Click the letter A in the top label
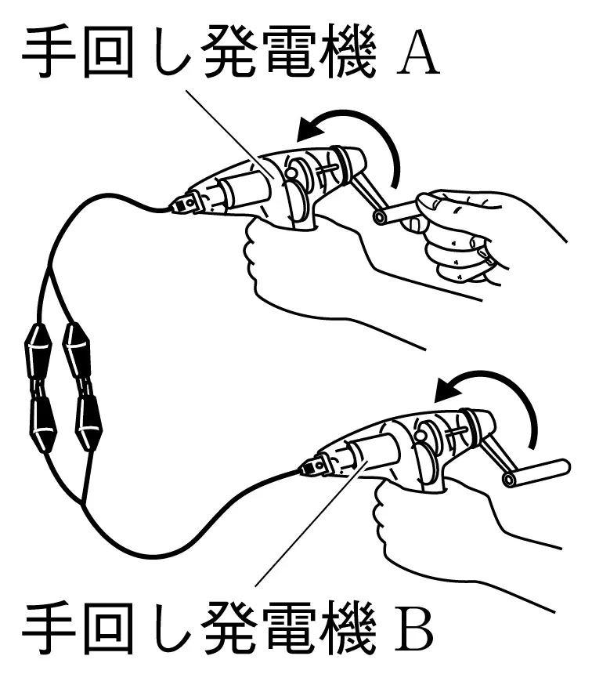418,54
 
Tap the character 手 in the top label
49,52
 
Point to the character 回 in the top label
108,53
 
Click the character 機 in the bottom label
348,628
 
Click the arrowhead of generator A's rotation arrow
311,130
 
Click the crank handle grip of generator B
536,473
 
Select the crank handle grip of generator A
397,212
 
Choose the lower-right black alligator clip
88,422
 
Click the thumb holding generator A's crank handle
435,205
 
